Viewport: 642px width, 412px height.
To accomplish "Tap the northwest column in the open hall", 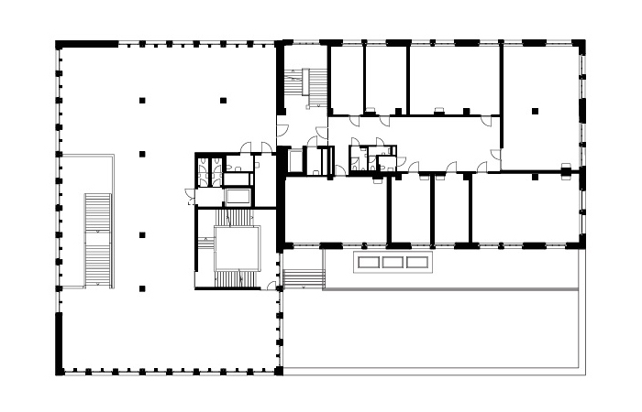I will click(142, 99).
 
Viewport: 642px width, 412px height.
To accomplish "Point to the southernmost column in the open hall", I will click(142, 288).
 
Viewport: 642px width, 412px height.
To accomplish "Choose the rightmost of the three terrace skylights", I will click(417, 262).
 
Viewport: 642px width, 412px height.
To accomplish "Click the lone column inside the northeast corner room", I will click(532, 113).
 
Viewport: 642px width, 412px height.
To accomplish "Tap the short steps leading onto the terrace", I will click(304, 277).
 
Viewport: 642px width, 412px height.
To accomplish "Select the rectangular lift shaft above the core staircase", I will click(237, 195).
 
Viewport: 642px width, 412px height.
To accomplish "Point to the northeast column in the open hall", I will click(223, 99).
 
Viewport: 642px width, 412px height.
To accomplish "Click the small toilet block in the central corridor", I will click(371, 157).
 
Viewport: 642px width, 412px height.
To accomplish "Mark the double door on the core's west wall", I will click(190, 194).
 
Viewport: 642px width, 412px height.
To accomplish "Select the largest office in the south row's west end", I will click(335, 211).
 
